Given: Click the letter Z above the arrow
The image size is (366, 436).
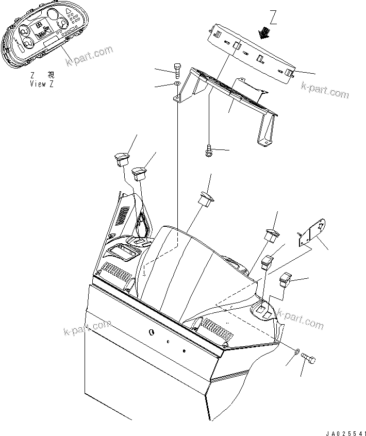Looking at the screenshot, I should (274, 20).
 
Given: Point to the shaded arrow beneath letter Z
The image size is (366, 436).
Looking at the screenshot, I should (266, 33).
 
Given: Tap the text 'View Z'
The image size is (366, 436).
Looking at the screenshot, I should (42, 83).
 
